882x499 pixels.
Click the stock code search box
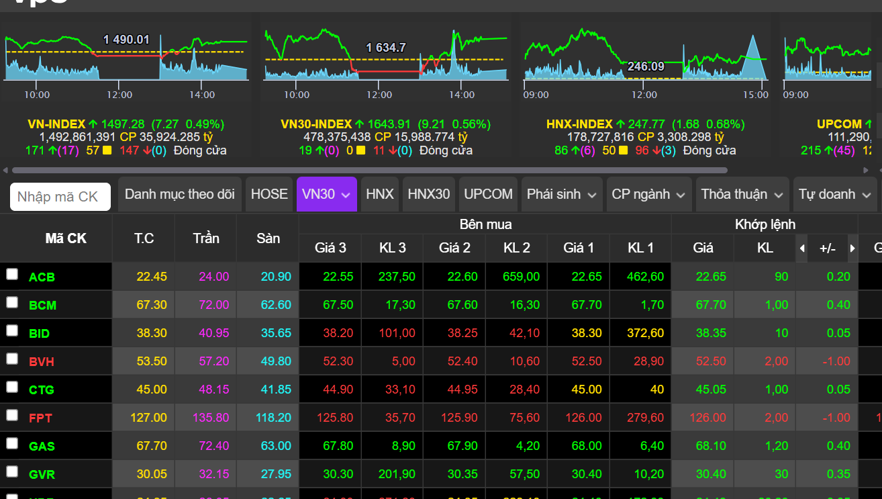(60, 197)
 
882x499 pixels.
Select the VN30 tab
(326, 194)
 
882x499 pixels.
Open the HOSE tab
(269, 194)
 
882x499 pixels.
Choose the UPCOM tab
(488, 194)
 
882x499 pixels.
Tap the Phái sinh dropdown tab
(561, 194)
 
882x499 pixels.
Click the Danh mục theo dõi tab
(180, 194)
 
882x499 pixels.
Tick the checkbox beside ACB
(12, 274)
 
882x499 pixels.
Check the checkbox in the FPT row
(12, 415)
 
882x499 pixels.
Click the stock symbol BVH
(42, 361)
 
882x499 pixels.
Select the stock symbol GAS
(42, 446)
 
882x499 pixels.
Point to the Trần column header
(206, 238)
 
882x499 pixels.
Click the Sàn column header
(268, 238)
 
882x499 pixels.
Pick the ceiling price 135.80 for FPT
(211, 418)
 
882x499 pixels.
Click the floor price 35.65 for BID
(276, 333)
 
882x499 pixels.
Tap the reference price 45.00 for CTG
(152, 390)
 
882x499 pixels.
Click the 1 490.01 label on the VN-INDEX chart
(126, 40)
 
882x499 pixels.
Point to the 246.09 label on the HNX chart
(645, 66)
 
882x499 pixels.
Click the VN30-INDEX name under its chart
(316, 124)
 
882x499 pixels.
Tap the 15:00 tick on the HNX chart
(756, 95)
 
